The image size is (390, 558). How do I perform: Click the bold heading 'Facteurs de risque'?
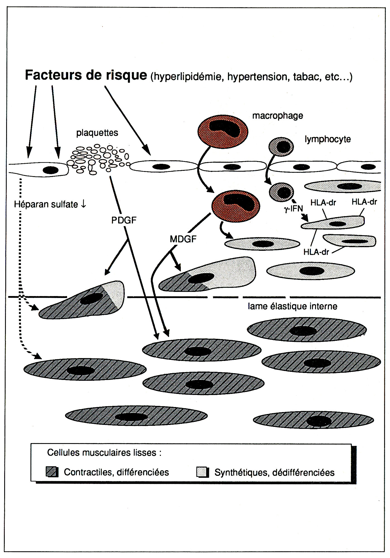(x=86, y=75)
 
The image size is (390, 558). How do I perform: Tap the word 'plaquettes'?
(x=97, y=133)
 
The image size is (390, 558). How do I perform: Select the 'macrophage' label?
(x=277, y=115)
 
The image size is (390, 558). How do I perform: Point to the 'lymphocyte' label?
(x=327, y=139)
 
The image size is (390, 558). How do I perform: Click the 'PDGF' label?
(x=124, y=220)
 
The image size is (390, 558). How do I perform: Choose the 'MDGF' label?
(x=183, y=239)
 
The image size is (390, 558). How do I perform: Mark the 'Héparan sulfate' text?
(x=46, y=204)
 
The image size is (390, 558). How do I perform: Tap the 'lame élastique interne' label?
(x=292, y=306)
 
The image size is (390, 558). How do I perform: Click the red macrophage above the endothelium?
(x=223, y=131)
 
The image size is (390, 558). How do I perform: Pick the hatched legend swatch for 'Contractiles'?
(x=52, y=472)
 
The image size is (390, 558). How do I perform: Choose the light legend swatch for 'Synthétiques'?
(x=203, y=472)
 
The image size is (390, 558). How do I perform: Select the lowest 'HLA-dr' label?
(x=316, y=252)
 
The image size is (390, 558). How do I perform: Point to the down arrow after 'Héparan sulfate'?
(x=83, y=204)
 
